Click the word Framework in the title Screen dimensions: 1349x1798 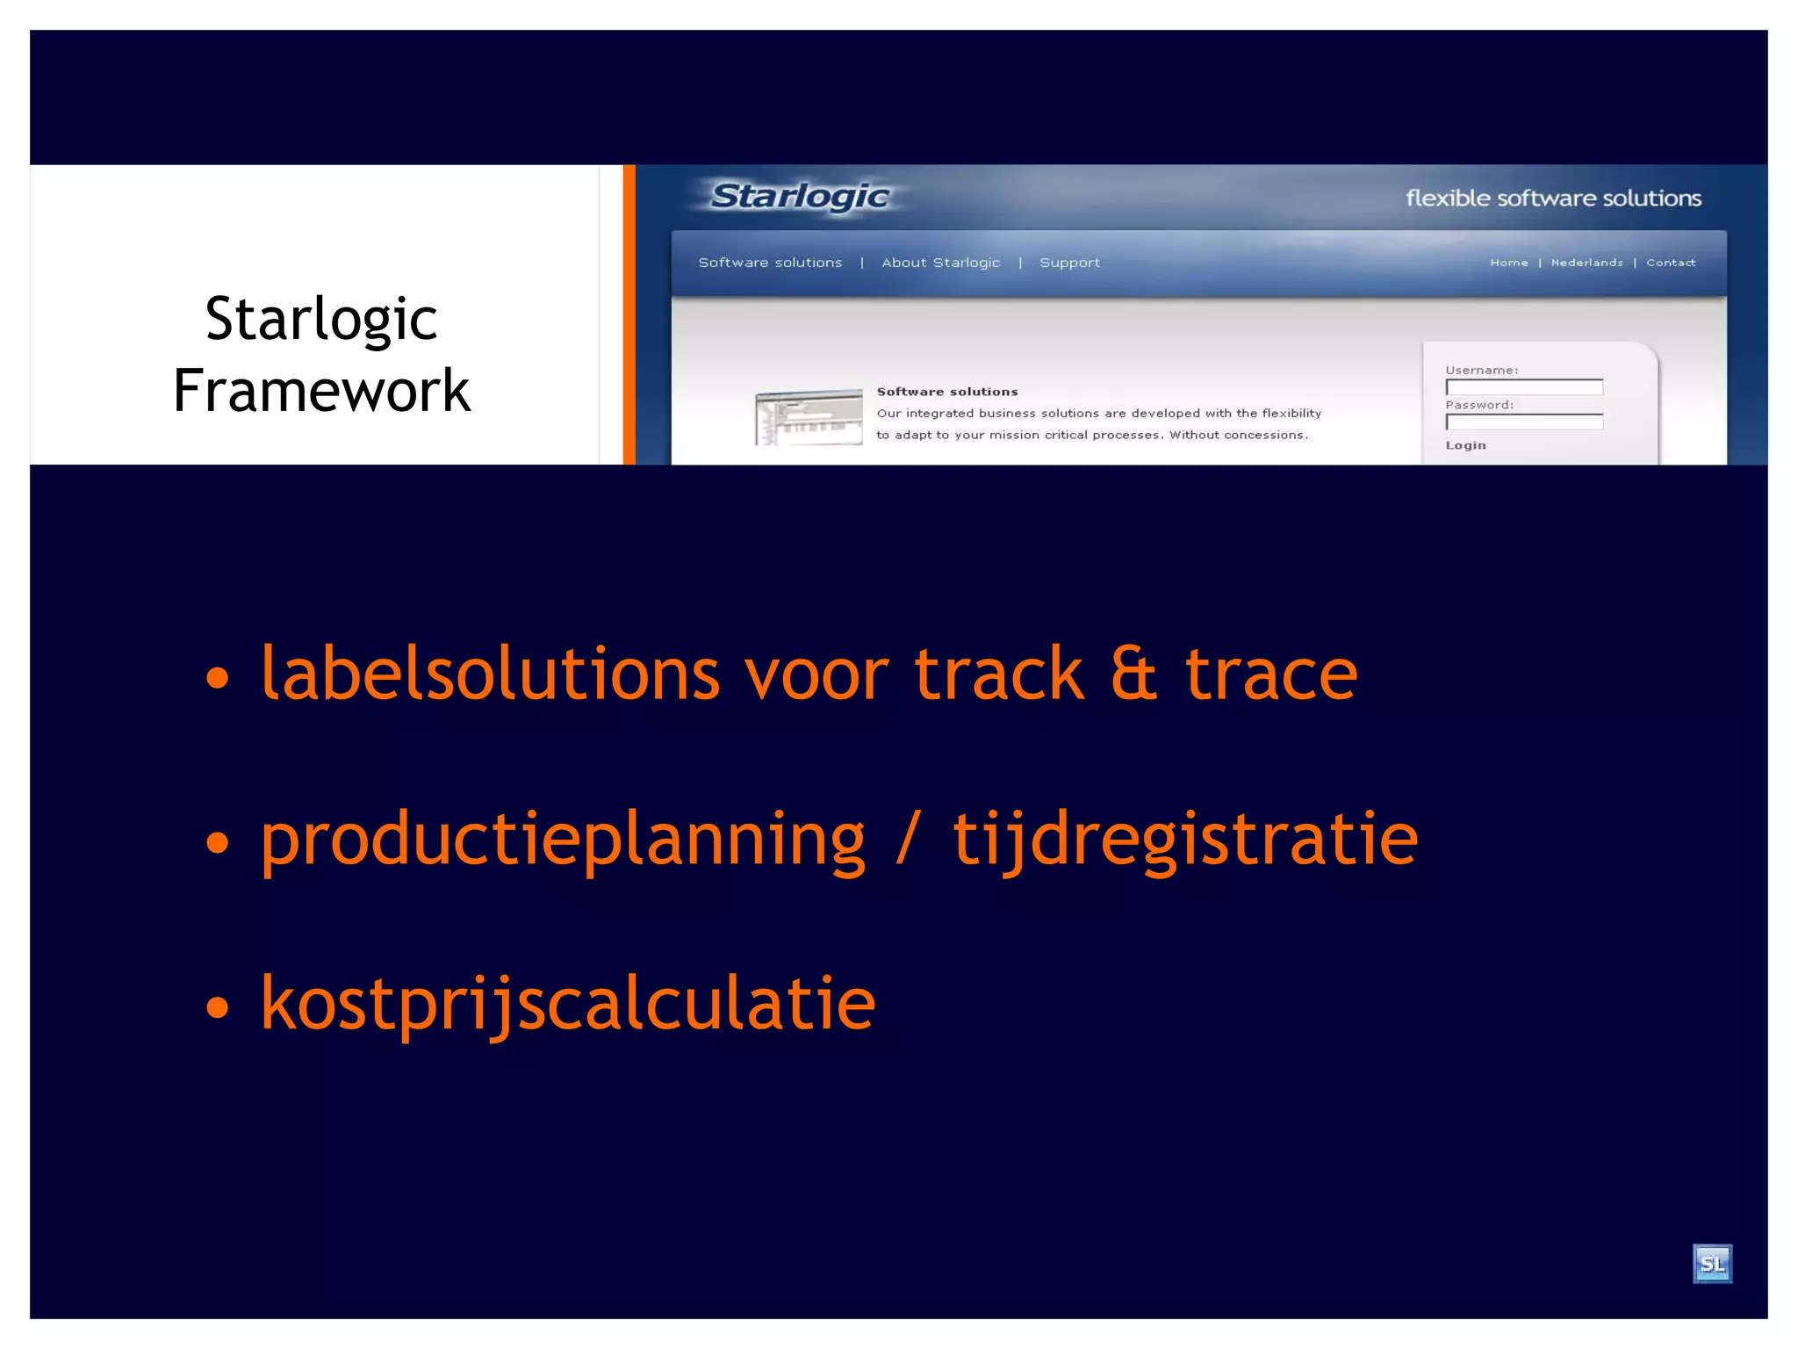[x=321, y=391]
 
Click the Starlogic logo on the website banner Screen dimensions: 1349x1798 [x=800, y=196]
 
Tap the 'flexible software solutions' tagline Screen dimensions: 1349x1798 [x=1553, y=198]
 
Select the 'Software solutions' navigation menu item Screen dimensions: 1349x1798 [x=770, y=263]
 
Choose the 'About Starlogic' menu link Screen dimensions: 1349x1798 [x=940, y=263]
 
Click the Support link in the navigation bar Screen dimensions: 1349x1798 [x=1069, y=263]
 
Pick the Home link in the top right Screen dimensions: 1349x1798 [x=1508, y=263]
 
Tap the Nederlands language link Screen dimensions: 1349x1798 [x=1586, y=263]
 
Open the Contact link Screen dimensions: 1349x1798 [x=1670, y=263]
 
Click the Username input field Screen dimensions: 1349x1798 [x=1524, y=387]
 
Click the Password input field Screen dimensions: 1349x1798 [x=1524, y=422]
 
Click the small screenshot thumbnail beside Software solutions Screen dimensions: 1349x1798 [x=809, y=417]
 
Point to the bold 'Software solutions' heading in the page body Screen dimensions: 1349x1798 [x=947, y=392]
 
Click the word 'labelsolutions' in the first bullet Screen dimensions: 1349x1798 [x=490, y=674]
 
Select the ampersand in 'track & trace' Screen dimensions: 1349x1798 [x=1133, y=674]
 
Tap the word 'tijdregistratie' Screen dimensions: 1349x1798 [x=1185, y=840]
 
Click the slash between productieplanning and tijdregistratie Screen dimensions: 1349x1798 [x=909, y=840]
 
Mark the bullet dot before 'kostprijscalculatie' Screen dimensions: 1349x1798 [x=217, y=1007]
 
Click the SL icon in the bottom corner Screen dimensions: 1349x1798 [x=1711, y=1264]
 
